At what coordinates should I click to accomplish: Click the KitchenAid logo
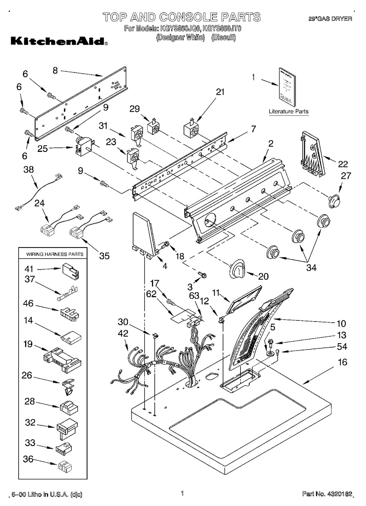tap(59, 41)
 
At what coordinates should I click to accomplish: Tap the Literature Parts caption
tap(288, 112)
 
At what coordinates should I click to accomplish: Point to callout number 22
tap(343, 164)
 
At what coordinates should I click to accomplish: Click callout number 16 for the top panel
tap(342, 362)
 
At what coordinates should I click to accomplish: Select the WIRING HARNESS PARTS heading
tap(55, 254)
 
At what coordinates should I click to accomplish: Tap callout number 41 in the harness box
tap(29, 269)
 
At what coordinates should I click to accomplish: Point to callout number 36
tap(28, 459)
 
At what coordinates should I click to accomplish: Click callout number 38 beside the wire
tap(28, 170)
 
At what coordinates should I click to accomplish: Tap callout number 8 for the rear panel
tap(55, 70)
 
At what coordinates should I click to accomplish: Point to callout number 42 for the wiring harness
tap(123, 334)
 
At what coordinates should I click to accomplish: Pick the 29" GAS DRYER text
tap(330, 19)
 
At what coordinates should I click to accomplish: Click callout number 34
tap(311, 268)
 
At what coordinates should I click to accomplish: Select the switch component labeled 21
tap(190, 131)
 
